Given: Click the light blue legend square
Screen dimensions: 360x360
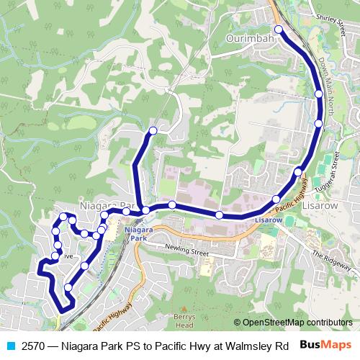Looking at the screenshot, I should coord(9,345).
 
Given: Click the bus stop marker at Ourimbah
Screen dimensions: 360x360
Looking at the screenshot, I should coord(279,30).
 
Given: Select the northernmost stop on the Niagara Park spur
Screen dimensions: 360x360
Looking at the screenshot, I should coord(153,131).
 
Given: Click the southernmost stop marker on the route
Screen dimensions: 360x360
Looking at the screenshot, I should coord(68,288).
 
